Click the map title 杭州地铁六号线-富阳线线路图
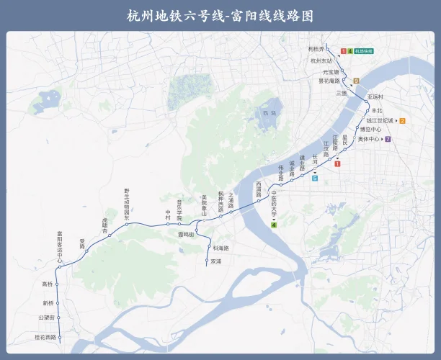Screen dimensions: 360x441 220,16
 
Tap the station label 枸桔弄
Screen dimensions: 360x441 316,48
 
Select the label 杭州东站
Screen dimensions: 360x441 320,61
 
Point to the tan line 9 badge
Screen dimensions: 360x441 356,81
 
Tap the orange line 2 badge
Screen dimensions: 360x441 403,120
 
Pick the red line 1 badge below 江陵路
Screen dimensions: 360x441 337,164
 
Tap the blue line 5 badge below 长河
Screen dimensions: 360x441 315,177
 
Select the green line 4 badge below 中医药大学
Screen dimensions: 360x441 274,225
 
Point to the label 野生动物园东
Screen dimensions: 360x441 127,202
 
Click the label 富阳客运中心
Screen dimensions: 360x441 61,245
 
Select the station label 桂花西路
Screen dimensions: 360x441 45,336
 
